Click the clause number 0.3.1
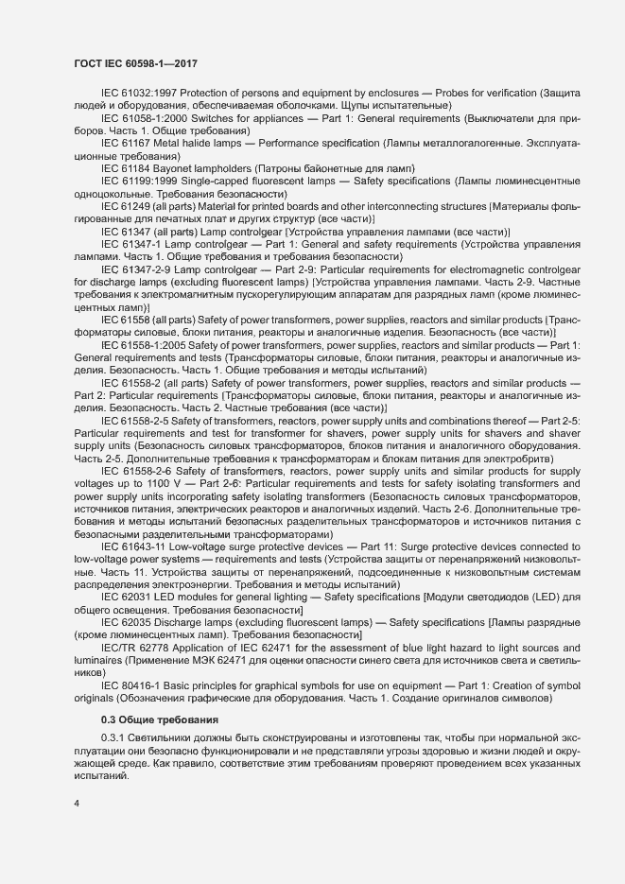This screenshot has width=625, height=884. click(113, 737)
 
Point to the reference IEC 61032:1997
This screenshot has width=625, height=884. click(138, 94)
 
